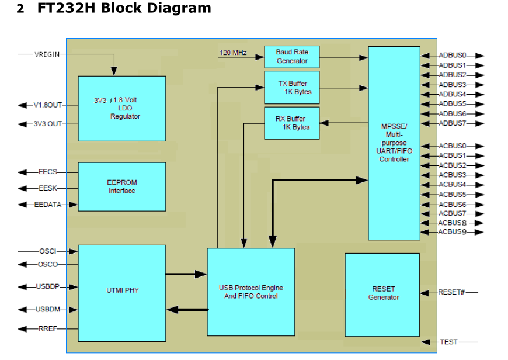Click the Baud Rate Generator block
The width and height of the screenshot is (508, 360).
coord(292,57)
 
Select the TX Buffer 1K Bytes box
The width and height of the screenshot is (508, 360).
coord(292,88)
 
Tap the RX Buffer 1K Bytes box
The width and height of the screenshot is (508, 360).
coord(292,123)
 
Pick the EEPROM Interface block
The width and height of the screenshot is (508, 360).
coord(121,186)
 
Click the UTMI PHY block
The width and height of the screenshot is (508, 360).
coord(121,290)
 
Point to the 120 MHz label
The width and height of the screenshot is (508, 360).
coord(233,53)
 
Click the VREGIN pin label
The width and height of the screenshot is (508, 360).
coord(47,54)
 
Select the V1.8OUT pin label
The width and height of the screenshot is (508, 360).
coord(47,105)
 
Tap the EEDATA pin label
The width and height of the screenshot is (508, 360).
coord(47,205)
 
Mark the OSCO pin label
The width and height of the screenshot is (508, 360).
coord(47,265)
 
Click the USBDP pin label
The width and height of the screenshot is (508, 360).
coord(48,287)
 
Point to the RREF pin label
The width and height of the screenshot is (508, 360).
coord(48,329)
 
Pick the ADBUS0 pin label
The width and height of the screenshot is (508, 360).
coord(453,56)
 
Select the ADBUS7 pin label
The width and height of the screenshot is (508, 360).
coord(453,123)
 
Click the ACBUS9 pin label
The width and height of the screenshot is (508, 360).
coord(453,232)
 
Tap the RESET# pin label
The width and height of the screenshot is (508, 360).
coord(451,292)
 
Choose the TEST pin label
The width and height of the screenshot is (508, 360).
coord(449,342)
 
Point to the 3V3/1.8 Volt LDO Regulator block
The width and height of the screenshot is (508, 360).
coord(121,108)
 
